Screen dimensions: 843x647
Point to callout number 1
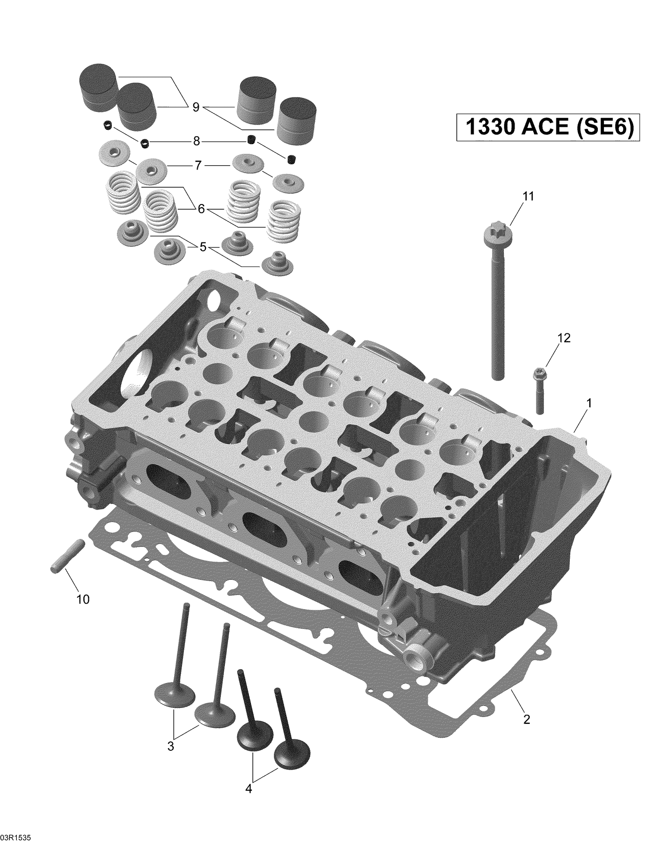589,403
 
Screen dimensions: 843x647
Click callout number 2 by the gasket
526,719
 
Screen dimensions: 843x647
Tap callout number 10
83,599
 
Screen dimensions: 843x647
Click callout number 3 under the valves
171,746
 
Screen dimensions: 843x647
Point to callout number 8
196,141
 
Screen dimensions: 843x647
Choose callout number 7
198,166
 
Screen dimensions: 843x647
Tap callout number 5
203,247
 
